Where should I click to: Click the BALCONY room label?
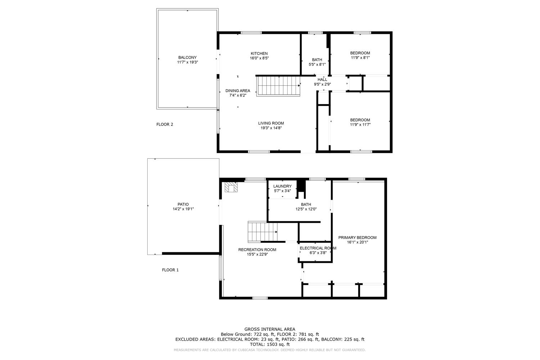click(x=187, y=57)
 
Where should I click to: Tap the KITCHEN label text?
click(x=259, y=54)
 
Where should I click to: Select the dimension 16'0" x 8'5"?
click(x=259, y=58)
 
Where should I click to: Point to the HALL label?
click(x=322, y=80)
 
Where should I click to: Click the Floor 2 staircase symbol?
click(x=278, y=86)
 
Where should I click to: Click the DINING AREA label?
click(x=238, y=91)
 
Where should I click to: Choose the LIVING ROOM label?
click(x=271, y=123)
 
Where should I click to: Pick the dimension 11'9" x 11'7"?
click(x=360, y=125)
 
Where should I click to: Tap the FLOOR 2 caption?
click(x=165, y=125)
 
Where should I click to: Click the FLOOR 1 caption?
click(x=170, y=270)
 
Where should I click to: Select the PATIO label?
click(x=183, y=204)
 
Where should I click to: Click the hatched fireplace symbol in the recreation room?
click(x=231, y=187)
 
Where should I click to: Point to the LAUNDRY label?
click(x=282, y=186)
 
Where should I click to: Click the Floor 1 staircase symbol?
click(x=262, y=232)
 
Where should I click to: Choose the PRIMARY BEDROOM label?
click(x=357, y=238)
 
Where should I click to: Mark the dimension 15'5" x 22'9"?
click(x=257, y=254)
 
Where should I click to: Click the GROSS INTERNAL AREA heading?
click(x=270, y=329)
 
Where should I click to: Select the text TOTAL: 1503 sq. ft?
click(x=270, y=344)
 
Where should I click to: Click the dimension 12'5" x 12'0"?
click(x=306, y=209)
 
